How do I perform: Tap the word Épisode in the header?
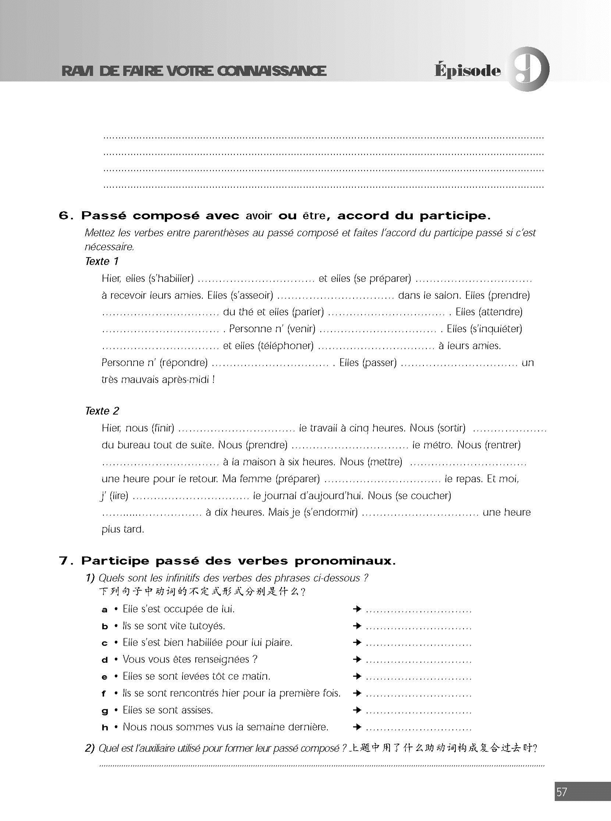pos(468,70)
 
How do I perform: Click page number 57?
pos(561,792)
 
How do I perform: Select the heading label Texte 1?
pos(102,261)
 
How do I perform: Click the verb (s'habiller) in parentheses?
pos(171,278)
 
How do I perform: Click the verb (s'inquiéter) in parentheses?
pos(495,329)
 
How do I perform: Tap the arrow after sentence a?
pos(357,609)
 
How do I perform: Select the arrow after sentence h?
pos(357,727)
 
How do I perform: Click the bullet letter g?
pos(105,710)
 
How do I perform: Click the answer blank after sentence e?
pos(418,677)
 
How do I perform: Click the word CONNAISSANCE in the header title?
pos(272,71)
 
